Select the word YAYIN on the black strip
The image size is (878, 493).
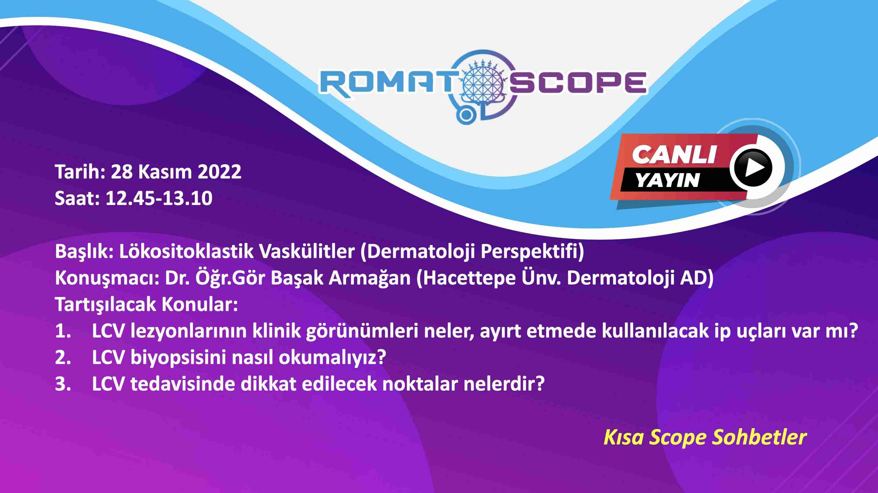click(x=668, y=180)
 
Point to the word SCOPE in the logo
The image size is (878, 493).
click(x=578, y=82)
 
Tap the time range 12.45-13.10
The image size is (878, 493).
click(x=159, y=198)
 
